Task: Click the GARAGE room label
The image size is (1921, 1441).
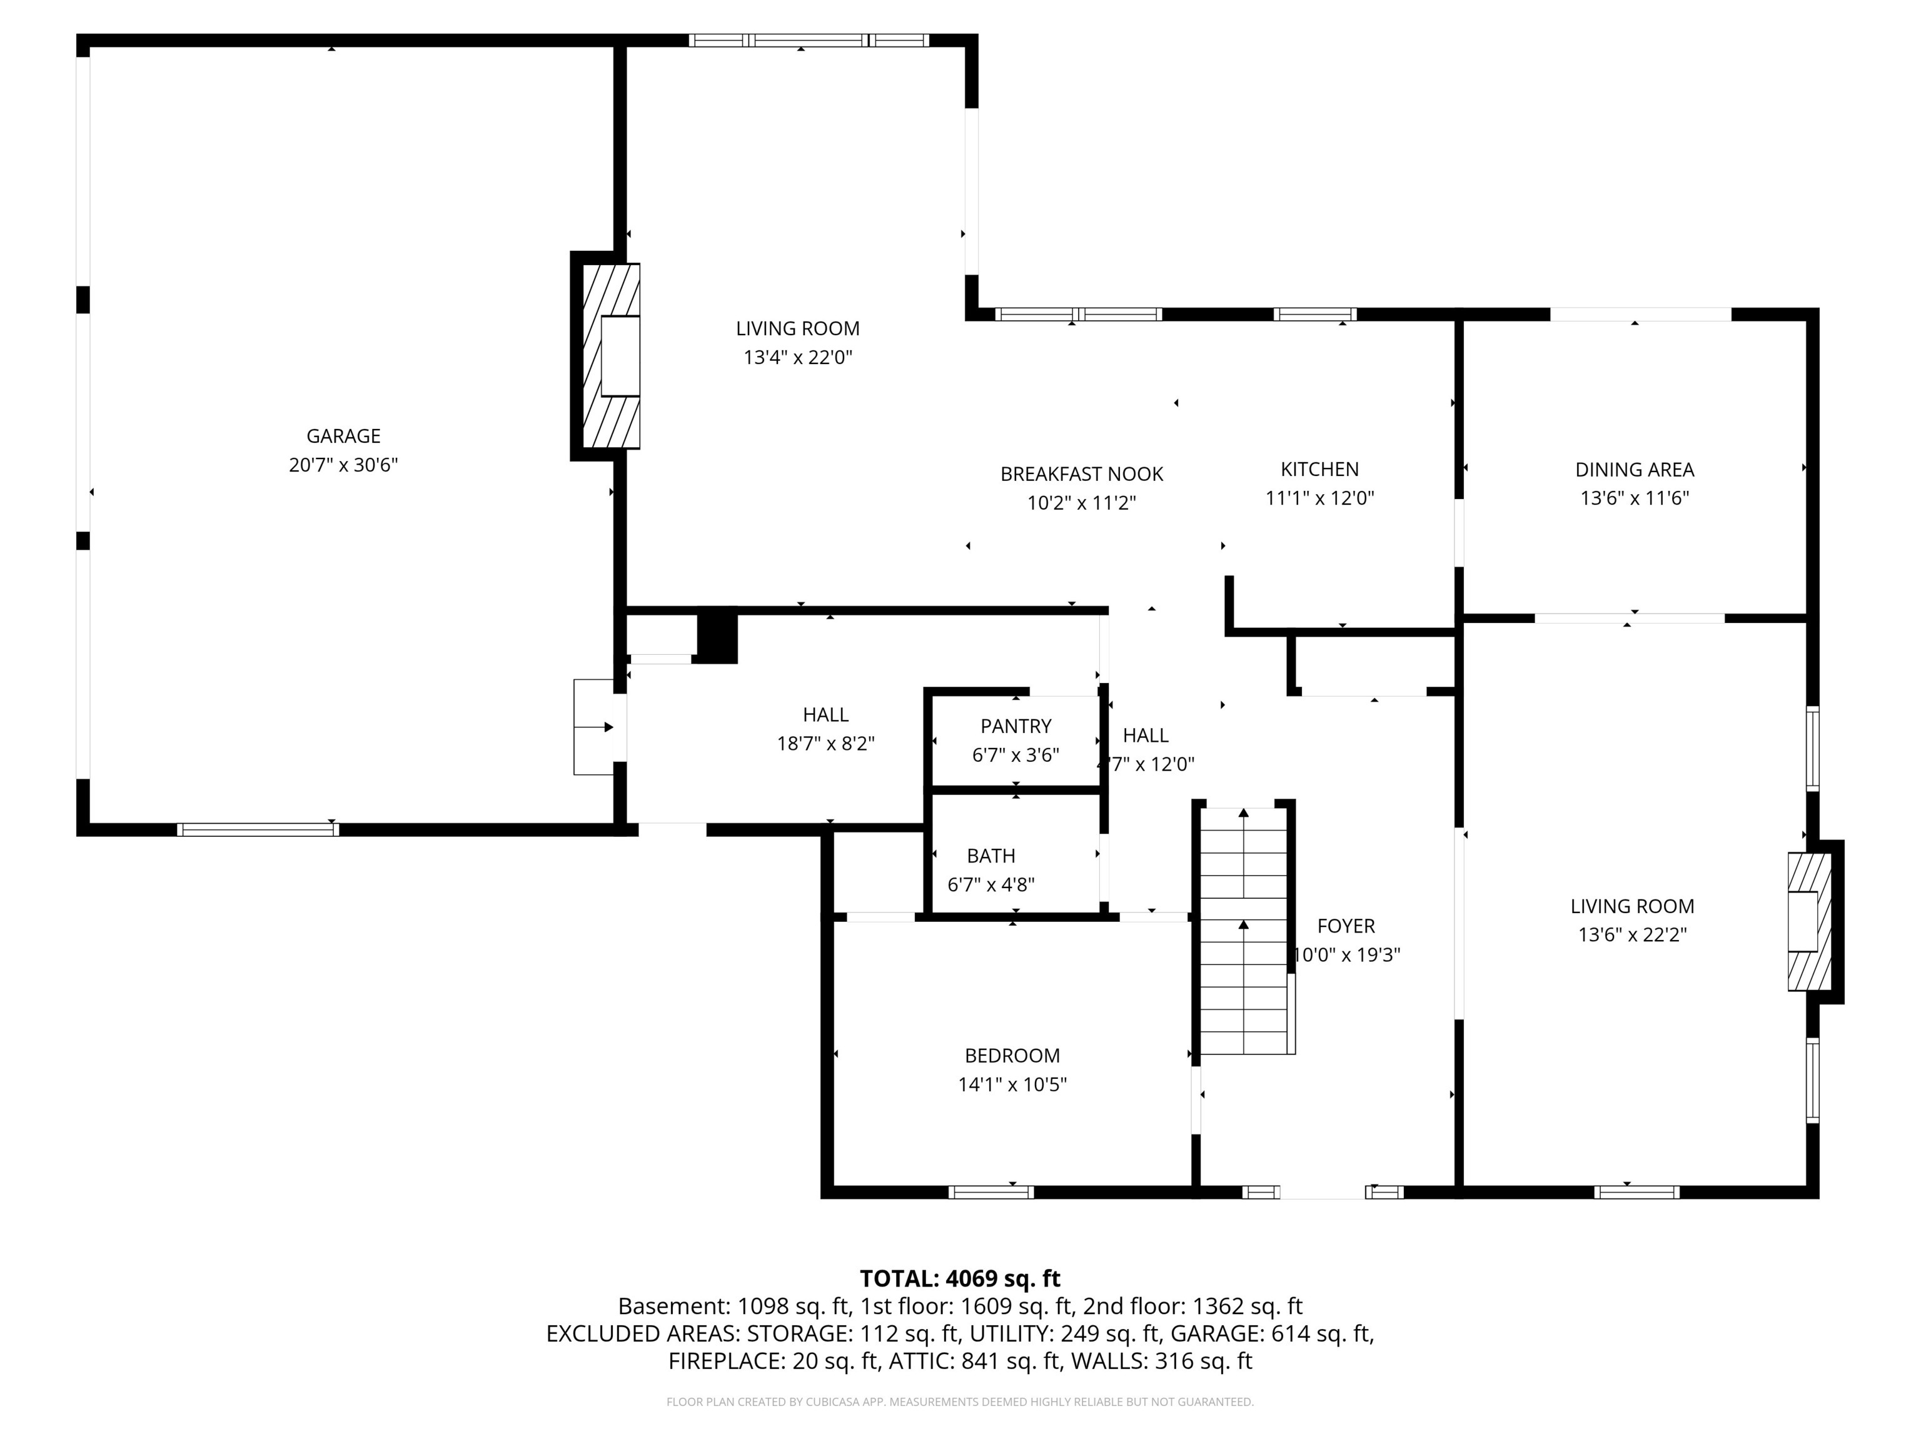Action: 343,436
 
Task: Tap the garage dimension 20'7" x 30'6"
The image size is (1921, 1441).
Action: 343,465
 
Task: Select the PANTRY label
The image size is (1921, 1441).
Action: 1015,726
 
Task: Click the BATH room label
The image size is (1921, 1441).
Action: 991,856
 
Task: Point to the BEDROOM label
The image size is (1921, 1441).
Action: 1012,1055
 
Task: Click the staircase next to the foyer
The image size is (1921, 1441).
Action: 1244,929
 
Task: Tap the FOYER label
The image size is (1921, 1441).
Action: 1345,926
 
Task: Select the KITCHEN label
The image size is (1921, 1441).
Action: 1319,469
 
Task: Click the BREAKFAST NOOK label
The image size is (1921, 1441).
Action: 1081,474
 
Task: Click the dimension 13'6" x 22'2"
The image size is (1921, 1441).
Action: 1632,934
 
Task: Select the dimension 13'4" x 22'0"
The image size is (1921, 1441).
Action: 797,357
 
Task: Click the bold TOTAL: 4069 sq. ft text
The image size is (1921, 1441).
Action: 960,1278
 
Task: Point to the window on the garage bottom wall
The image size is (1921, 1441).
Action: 258,829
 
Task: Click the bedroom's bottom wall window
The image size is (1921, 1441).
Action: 991,1191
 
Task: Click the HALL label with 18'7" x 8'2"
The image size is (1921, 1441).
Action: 825,715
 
